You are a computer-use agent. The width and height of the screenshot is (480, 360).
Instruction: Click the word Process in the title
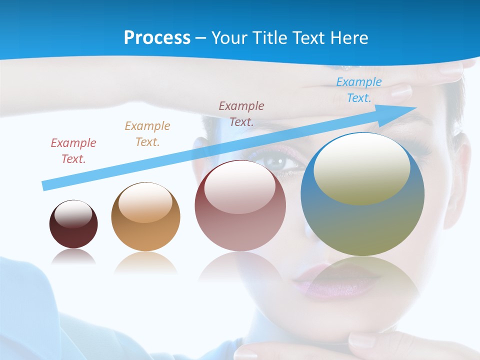click(157, 37)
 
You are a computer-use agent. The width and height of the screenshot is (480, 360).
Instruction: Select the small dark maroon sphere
click(73, 224)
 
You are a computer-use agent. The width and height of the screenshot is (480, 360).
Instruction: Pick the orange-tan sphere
click(145, 216)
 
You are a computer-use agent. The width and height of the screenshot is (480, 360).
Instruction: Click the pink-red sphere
click(240, 205)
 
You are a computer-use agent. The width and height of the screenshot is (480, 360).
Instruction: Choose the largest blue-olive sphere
click(362, 194)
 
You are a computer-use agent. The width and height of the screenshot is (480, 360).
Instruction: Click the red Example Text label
click(73, 151)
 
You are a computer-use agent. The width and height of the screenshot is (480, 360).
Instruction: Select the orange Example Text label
click(147, 134)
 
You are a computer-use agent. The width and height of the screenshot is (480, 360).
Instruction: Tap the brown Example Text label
click(241, 113)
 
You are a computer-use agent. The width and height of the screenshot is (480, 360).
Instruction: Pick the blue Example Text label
click(359, 90)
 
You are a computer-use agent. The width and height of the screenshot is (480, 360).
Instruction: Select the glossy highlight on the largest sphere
click(361, 167)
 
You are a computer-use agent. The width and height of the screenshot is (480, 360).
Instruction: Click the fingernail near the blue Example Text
click(400, 91)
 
